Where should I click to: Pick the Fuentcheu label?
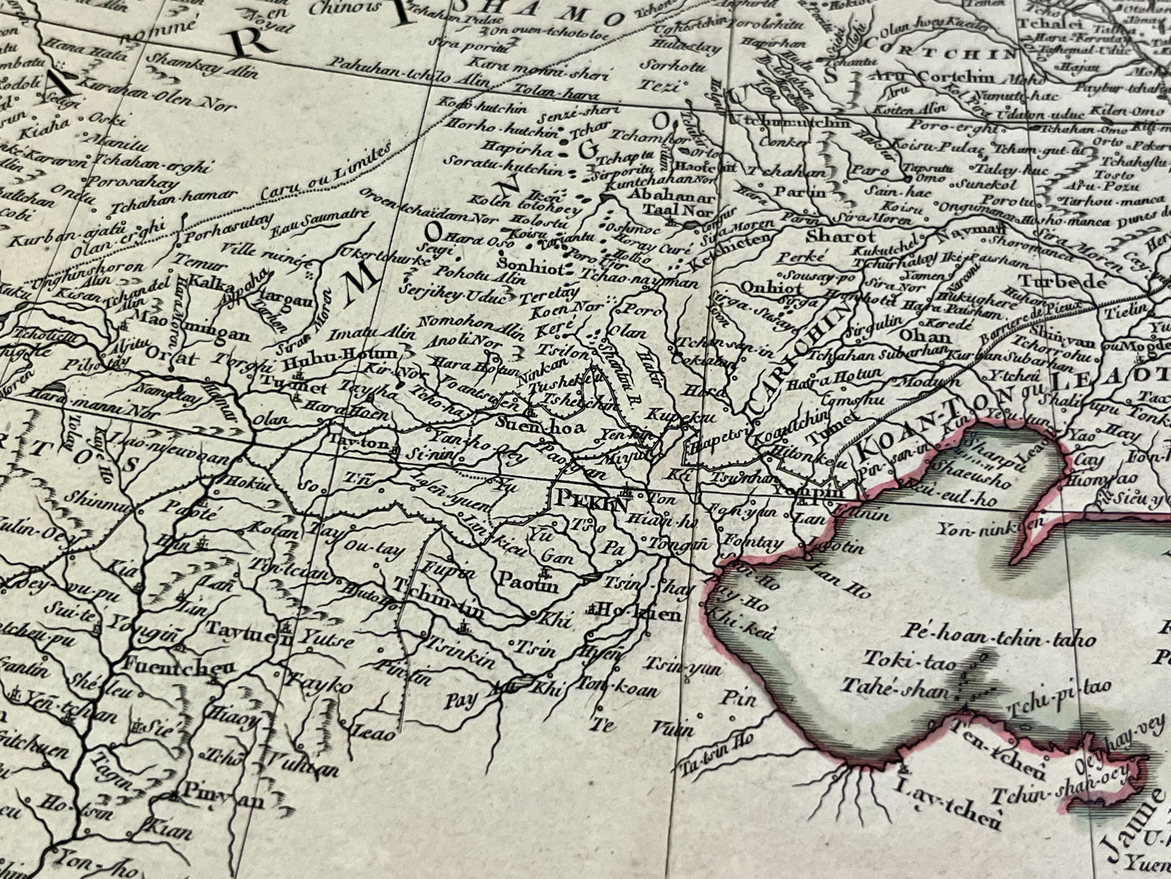pos(168,667)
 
